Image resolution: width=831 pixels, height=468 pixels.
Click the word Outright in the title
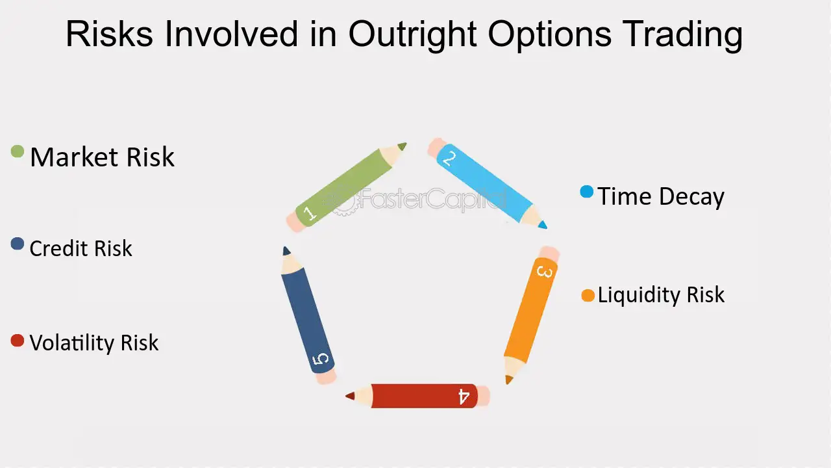click(412, 34)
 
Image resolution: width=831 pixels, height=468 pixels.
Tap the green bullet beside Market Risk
click(18, 151)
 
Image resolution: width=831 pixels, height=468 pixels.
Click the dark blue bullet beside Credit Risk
click(18, 244)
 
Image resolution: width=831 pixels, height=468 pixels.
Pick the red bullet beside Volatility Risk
click(18, 340)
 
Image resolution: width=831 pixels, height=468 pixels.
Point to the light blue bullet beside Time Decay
click(586, 192)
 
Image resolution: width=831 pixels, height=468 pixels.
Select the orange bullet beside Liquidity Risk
click(588, 296)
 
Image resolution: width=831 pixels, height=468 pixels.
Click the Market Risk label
click(102, 157)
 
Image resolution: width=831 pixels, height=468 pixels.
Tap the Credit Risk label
click(81, 248)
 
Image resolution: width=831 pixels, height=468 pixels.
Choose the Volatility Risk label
click(94, 343)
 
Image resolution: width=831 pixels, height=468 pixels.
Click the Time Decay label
click(661, 196)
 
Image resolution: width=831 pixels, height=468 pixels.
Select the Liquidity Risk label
click(661, 295)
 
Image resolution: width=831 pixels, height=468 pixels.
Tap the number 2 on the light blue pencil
click(449, 159)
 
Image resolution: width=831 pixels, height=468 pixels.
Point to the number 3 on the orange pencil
click(545, 272)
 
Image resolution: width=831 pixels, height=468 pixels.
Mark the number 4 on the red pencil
click(464, 396)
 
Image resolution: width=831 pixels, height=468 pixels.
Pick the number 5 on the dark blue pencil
click(321, 359)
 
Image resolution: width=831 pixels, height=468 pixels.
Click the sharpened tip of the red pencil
click(346, 396)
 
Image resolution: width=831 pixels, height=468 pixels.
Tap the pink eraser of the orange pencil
click(549, 253)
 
